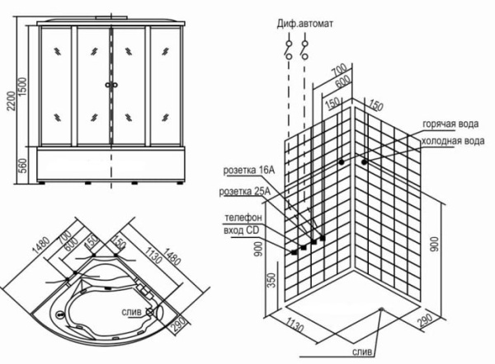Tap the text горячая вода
coord(450,124)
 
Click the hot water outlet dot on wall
coord(341,162)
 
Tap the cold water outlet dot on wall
coord(364,162)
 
